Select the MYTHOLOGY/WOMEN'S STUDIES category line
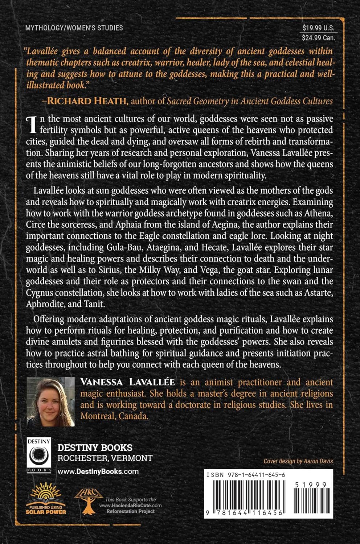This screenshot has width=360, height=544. [74, 28]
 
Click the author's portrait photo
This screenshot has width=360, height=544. [51, 401]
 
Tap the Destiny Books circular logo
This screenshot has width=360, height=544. [38, 455]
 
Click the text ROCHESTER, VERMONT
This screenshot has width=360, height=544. [105, 458]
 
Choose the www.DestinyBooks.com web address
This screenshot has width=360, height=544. [98, 471]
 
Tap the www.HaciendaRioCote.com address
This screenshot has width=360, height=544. [131, 505]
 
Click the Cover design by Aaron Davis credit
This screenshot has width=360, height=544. [298, 461]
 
